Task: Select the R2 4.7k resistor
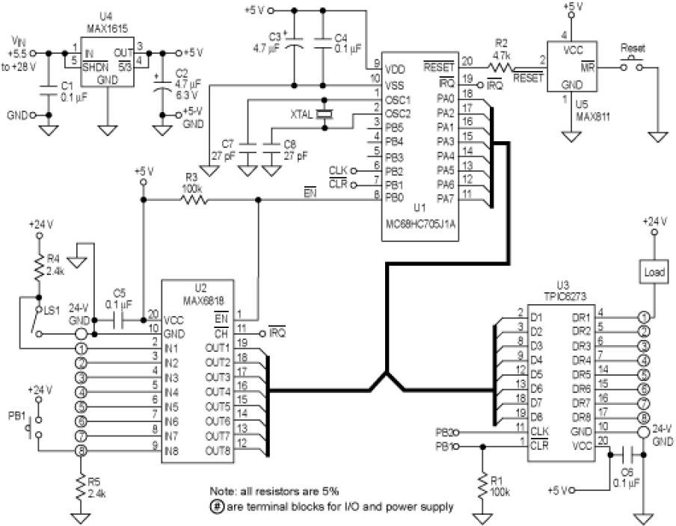pos(499,68)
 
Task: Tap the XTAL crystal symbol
pos(324,114)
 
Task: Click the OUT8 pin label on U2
pos(218,450)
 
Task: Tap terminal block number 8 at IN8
pos(81,450)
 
